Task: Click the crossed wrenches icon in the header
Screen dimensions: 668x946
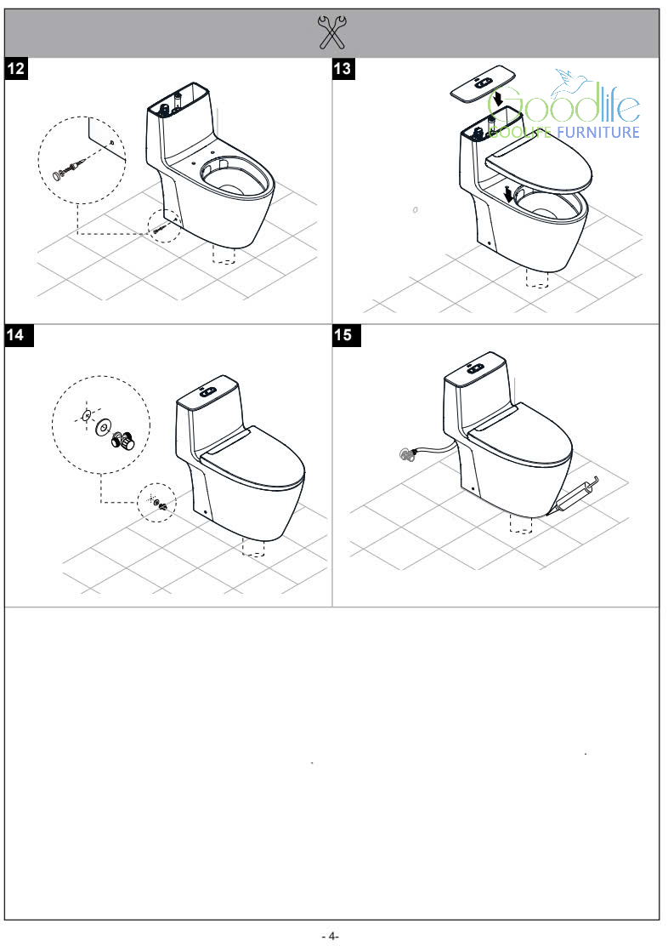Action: click(331, 32)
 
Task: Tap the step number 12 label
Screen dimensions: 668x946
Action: click(16, 68)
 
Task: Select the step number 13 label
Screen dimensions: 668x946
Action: click(343, 68)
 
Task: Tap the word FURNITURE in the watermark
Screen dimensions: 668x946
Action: click(598, 132)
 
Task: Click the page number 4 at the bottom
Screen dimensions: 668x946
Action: click(331, 936)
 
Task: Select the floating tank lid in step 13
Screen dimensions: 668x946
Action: click(483, 83)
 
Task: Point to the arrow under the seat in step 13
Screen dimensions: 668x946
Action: click(509, 195)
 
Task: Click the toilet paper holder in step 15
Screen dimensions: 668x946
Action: click(577, 493)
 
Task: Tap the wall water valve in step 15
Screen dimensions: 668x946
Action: click(409, 454)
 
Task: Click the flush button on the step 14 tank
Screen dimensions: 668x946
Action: click(207, 391)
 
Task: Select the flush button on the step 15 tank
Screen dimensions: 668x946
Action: click(475, 368)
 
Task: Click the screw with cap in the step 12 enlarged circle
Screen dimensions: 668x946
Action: click(68, 168)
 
